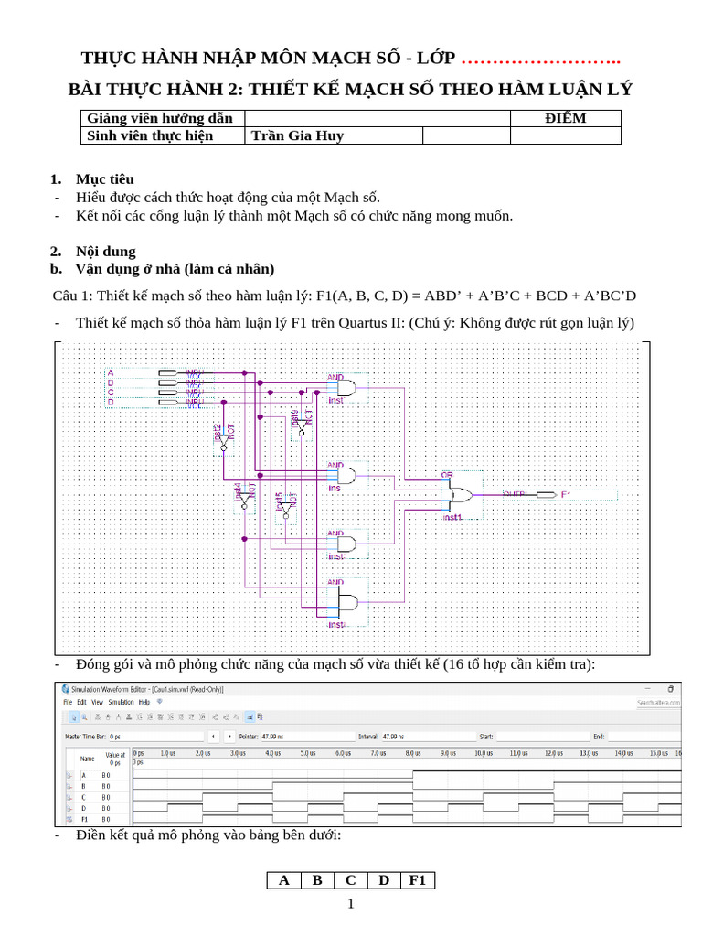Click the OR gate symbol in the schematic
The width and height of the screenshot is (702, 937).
[x=458, y=495]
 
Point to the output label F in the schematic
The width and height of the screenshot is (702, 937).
[x=564, y=495]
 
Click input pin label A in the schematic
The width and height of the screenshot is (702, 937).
[x=111, y=372]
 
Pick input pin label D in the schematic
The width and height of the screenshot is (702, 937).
[x=111, y=402]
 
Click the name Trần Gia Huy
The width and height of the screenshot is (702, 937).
[x=297, y=136]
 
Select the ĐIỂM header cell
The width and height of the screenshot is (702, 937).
[x=565, y=118]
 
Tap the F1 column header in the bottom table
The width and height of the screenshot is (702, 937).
[x=418, y=880]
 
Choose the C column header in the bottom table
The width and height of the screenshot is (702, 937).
[x=350, y=880]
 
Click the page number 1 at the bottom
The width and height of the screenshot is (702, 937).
[x=350, y=904]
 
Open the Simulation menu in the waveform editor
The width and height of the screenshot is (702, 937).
[x=122, y=702]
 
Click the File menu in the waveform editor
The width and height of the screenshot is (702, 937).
[x=67, y=702]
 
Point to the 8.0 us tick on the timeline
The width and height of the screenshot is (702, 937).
[x=412, y=753]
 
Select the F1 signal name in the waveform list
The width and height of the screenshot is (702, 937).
[x=84, y=819]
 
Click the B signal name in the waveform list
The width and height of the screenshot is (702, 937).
[x=83, y=786]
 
